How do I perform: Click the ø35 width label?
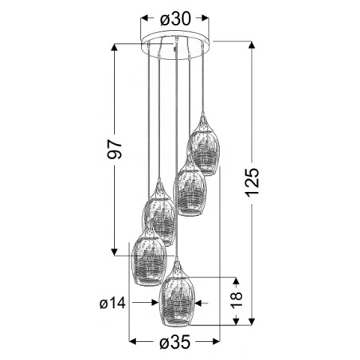[x=174, y=343]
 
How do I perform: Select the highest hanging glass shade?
[x=203, y=148]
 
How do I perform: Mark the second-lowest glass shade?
[x=149, y=259]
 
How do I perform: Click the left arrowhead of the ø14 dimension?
[x=154, y=303]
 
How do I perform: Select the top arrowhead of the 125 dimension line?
[x=254, y=44]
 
